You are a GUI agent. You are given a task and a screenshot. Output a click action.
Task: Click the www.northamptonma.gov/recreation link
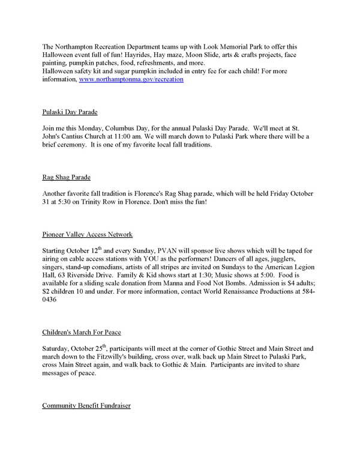[x=131, y=79]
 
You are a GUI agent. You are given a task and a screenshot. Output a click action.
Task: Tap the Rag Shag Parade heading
[x=67, y=177]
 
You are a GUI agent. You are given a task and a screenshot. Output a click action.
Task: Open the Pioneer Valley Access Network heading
[x=87, y=234]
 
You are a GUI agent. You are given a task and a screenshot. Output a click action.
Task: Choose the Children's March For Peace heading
[x=82, y=331]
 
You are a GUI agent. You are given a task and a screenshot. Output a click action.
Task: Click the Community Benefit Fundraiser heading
[x=86, y=405]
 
